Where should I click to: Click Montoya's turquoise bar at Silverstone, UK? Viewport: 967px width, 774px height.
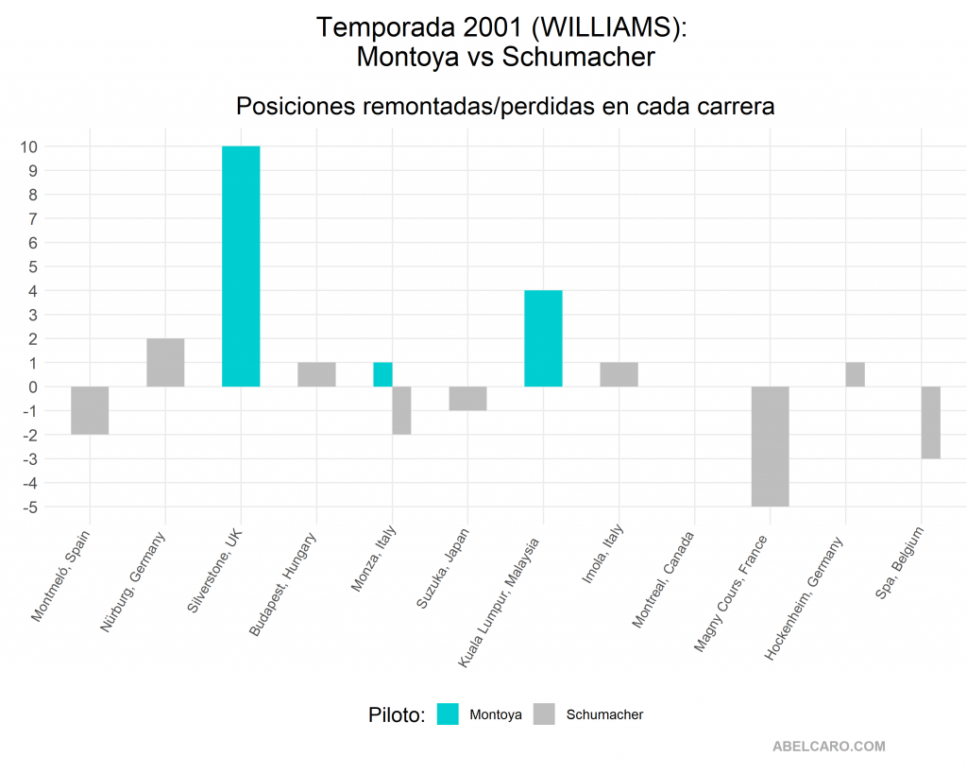coord(241,267)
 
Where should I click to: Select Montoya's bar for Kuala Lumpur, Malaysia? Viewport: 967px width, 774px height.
coord(543,339)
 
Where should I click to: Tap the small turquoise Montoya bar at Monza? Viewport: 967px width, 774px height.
coord(383,374)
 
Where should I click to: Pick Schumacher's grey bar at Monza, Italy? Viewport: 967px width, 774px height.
coord(401,410)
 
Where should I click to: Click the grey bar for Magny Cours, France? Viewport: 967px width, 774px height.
coord(771,447)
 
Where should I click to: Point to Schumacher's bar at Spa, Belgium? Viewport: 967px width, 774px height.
coord(930,422)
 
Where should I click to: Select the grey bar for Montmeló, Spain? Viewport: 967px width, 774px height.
coord(90,410)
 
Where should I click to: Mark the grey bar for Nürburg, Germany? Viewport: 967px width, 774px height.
coord(165,363)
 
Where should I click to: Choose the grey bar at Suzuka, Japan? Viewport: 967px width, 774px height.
coord(468,399)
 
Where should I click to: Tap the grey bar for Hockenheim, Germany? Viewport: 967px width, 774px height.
coord(855,374)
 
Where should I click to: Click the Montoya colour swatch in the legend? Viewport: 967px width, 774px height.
coord(448,714)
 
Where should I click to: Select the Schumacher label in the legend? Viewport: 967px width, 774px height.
coord(604,714)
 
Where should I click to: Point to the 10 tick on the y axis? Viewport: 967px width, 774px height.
coord(28,146)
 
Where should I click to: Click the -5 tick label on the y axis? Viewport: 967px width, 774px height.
coord(29,507)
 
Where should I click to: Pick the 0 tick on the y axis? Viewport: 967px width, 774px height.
coord(33,387)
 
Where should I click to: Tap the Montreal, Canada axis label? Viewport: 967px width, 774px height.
coord(663,580)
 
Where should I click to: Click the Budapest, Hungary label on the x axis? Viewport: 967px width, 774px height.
coord(282,584)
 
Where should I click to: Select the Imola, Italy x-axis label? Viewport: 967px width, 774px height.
coord(602,554)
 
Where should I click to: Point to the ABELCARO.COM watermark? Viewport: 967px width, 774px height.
coord(829,747)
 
